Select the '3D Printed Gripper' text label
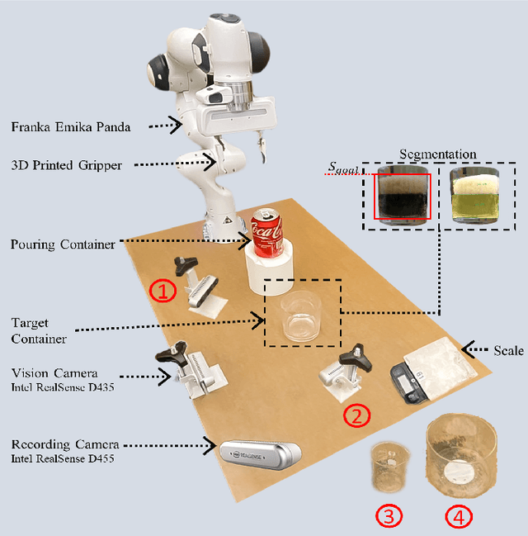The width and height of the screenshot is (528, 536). tap(67, 165)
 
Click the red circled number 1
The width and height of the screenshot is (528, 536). tap(163, 292)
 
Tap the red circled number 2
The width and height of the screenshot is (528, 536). tap(356, 415)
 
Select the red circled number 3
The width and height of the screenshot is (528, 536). tap(389, 517)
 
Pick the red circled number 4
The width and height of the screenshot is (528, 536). tap(459, 517)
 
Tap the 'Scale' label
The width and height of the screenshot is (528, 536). tap(507, 351)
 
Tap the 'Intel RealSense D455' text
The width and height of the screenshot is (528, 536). tap(63, 458)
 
